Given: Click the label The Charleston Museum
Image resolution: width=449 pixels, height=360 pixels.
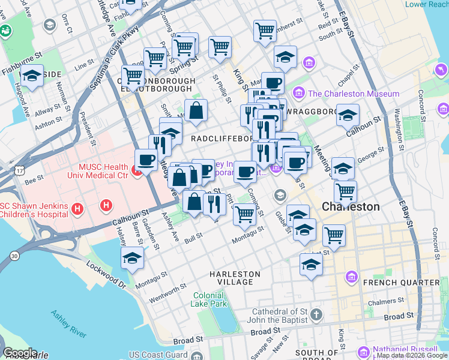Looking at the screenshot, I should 354,94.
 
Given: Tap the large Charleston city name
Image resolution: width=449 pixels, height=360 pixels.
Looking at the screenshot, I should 351,206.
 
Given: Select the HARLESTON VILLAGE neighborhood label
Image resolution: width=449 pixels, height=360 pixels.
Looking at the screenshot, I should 235,278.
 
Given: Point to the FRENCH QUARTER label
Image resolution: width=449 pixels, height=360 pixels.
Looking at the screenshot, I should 406,282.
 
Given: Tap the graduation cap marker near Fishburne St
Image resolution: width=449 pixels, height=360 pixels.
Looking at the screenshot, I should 31,76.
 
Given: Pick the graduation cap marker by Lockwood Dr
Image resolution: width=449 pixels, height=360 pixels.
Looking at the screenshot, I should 132,258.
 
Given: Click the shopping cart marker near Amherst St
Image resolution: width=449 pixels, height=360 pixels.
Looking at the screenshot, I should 265,30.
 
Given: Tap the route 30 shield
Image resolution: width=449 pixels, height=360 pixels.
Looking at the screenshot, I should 14,256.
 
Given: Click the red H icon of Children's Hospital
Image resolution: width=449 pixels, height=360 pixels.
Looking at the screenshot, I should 77,209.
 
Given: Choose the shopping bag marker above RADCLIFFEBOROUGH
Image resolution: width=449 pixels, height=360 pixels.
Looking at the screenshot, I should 196,110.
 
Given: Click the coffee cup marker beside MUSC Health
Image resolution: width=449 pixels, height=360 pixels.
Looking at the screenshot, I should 146,160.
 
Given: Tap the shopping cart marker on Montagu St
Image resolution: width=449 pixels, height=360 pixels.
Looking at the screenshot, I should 244,214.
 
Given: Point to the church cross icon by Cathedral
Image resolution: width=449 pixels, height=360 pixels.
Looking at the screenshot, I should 317,314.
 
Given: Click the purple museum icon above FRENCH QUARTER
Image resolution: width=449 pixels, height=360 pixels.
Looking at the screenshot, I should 352,277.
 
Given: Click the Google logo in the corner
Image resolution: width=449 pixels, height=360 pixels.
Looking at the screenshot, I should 20,353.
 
